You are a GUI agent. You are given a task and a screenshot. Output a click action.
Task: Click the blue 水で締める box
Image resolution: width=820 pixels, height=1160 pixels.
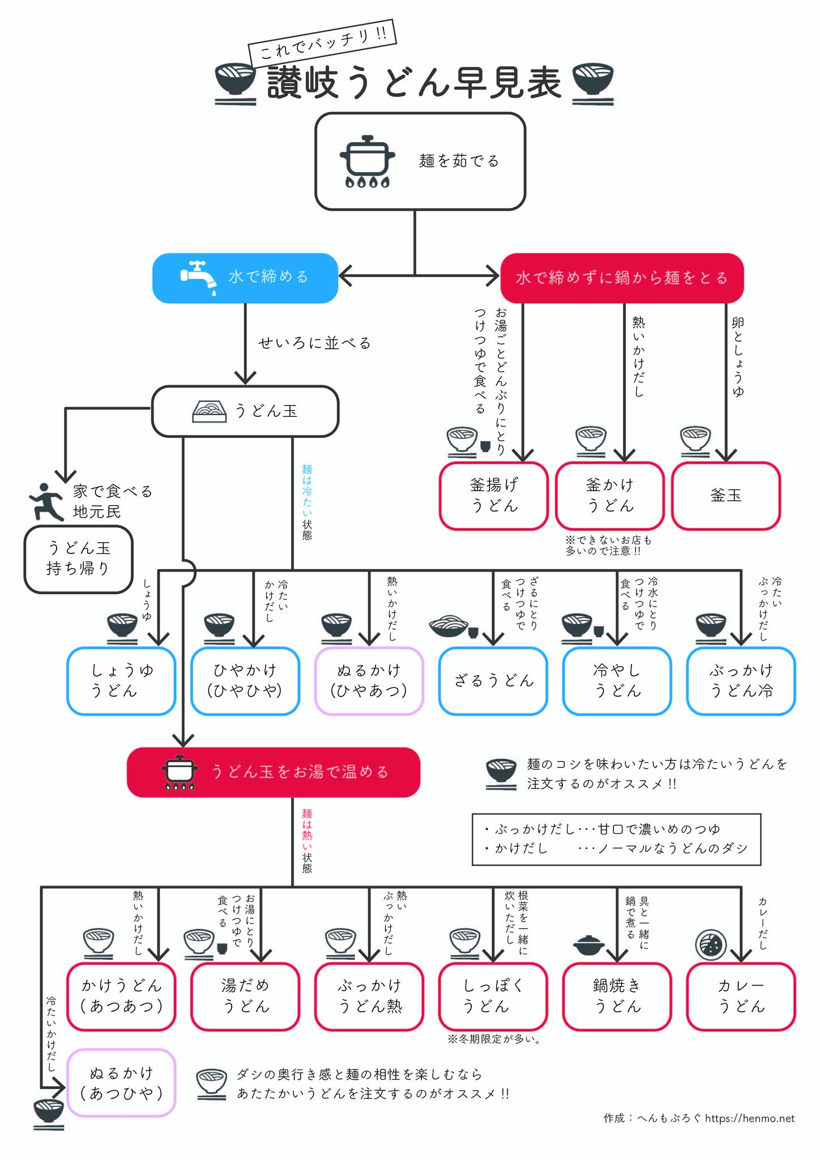click(245, 278)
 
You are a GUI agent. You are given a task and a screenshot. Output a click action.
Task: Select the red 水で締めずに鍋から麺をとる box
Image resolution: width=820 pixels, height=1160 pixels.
click(622, 278)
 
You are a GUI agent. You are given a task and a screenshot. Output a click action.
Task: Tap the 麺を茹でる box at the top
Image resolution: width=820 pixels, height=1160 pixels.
click(420, 161)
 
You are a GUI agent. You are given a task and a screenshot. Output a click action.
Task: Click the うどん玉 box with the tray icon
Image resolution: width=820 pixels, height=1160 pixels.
click(245, 411)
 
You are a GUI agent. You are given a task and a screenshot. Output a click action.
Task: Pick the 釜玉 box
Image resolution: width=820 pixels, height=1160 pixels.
click(726, 496)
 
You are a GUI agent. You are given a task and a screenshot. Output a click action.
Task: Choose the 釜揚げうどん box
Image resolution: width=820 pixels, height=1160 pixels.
click(494, 496)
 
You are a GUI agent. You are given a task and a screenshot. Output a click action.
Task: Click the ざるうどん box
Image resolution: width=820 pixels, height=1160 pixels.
click(493, 681)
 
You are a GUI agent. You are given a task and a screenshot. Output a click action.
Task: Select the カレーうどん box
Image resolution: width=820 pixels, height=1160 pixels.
click(741, 996)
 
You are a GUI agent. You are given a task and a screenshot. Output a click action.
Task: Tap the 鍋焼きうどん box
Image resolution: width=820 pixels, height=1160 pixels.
click(617, 996)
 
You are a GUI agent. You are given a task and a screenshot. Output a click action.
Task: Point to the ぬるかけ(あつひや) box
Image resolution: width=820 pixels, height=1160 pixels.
click(122, 1083)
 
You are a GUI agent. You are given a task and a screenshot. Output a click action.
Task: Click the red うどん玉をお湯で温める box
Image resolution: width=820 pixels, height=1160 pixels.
click(274, 772)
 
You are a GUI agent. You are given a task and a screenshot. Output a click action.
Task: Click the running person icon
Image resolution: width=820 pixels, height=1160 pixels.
click(46, 502)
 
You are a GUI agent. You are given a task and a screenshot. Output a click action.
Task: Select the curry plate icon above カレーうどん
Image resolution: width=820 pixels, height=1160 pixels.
click(711, 945)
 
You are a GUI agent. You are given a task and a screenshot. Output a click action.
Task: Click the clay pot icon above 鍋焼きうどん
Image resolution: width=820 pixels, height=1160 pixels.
click(589, 945)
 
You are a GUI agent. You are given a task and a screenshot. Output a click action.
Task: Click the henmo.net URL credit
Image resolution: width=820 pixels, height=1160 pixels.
click(750, 1118)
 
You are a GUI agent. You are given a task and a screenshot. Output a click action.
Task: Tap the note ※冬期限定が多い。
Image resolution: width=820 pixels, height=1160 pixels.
click(494, 1039)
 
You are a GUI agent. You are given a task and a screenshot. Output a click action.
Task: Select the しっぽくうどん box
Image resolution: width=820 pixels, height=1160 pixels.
click(493, 996)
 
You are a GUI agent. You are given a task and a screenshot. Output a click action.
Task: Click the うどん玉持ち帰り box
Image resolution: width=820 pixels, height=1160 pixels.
click(78, 560)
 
